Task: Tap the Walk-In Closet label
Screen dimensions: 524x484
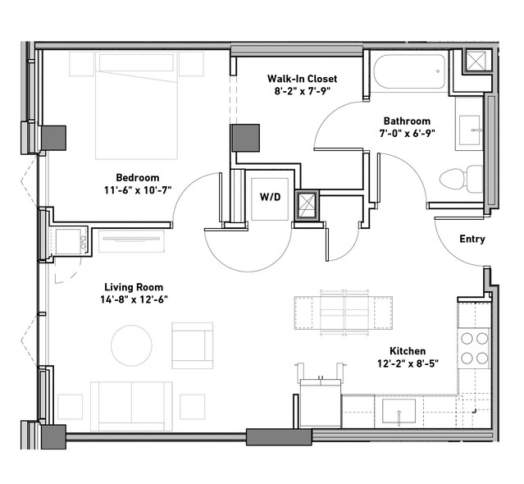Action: tap(302, 79)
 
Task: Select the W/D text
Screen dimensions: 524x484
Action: tap(270, 197)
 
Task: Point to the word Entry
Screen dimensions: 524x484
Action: tap(472, 239)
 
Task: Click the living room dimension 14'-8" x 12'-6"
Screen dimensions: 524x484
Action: tap(134, 299)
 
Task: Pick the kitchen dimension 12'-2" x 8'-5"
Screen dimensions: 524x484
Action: tap(408, 363)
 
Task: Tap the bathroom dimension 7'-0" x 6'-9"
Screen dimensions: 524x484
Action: tap(407, 134)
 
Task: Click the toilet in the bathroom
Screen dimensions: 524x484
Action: tap(462, 179)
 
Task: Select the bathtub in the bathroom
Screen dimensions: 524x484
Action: tap(409, 71)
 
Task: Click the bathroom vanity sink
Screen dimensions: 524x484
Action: tap(470, 130)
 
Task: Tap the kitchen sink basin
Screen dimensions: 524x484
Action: tap(399, 411)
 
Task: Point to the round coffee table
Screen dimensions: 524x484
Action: tap(131, 345)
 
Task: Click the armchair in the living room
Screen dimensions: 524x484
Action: tap(193, 345)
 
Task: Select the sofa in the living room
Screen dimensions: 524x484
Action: tap(131, 406)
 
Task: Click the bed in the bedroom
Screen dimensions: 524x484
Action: tap(136, 106)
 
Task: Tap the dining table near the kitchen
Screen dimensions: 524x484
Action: tap(344, 313)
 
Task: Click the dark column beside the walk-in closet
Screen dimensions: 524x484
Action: tap(246, 138)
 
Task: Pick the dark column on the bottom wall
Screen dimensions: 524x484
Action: tap(279, 437)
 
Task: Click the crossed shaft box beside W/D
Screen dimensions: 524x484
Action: tap(307, 206)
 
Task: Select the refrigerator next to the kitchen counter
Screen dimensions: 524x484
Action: tap(321, 403)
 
